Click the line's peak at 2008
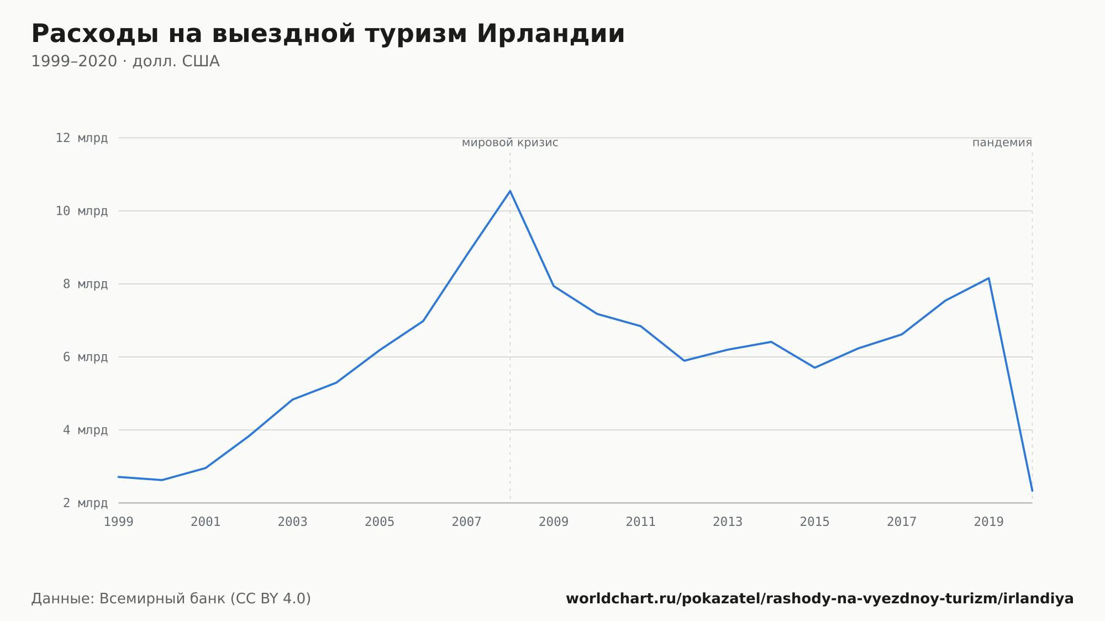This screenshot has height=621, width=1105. tap(510, 191)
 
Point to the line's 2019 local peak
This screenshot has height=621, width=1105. tap(988, 278)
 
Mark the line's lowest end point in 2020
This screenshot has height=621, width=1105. tap(1032, 491)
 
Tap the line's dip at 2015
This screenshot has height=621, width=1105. tap(814, 367)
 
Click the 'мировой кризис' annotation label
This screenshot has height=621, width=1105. tap(510, 143)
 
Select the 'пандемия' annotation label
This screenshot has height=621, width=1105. tap(1002, 143)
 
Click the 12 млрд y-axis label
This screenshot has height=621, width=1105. tap(82, 138)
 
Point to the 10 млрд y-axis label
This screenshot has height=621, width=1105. tap(82, 211)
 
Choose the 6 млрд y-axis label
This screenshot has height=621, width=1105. tap(85, 357)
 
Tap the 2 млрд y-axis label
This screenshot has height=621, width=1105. tap(85, 503)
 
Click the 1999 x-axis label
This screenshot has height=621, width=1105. tap(119, 522)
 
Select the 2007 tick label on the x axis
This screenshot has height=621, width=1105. tap(467, 522)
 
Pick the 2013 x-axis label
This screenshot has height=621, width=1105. tap(728, 522)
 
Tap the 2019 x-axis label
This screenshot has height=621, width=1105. tap(988, 522)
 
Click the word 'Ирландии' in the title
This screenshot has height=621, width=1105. tap(551, 34)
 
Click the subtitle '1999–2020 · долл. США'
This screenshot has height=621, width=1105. tap(125, 61)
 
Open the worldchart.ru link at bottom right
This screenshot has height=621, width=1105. tap(820, 598)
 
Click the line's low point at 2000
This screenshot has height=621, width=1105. tap(162, 480)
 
